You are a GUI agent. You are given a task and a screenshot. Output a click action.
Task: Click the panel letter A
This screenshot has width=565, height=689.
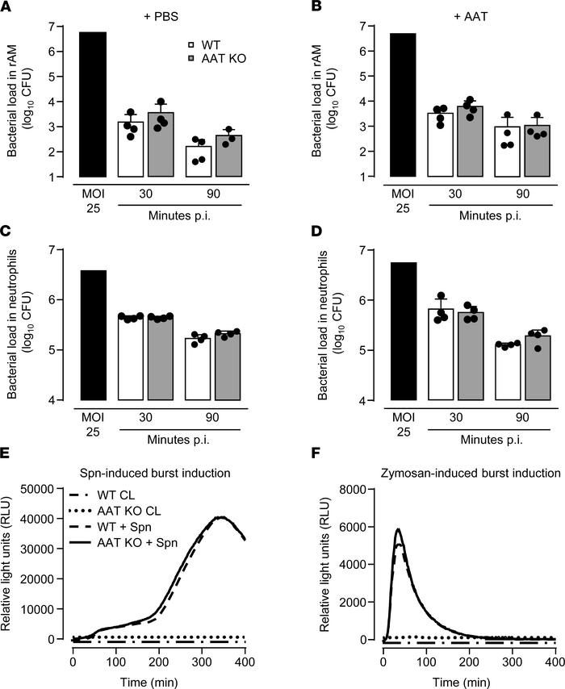point(9,10)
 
